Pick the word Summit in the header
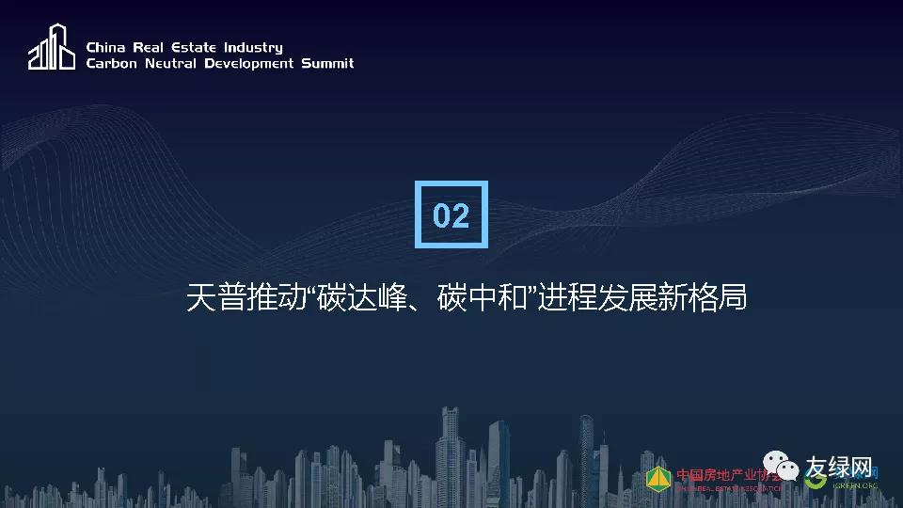327,64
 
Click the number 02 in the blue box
451,215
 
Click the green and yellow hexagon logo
659,478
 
